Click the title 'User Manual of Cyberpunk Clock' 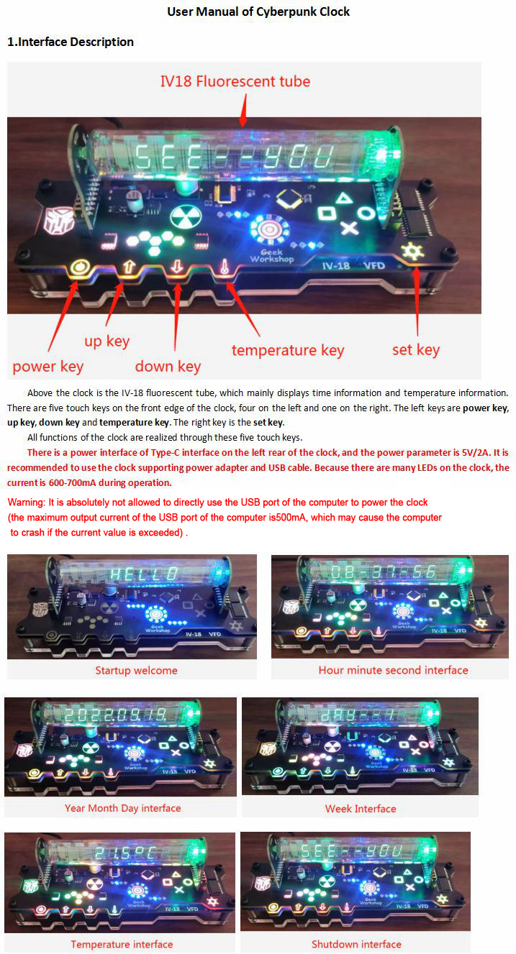coord(258,12)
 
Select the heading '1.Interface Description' coord(71,42)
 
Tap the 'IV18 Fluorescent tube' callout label coord(235,81)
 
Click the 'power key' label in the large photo coord(47,367)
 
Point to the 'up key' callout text coord(107,341)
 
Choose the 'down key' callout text coord(168,366)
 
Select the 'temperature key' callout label coord(288,350)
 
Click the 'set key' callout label coord(416,349)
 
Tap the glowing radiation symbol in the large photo coord(186,217)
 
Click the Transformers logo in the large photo coord(58,220)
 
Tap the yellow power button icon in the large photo coord(79,268)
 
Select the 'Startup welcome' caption coord(136,670)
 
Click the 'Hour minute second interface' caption coord(393,670)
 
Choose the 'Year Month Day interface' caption coord(123,808)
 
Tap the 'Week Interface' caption coord(361,808)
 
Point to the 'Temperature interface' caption coord(122,944)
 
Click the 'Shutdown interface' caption coord(356,944)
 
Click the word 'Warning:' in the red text coord(26,503)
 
